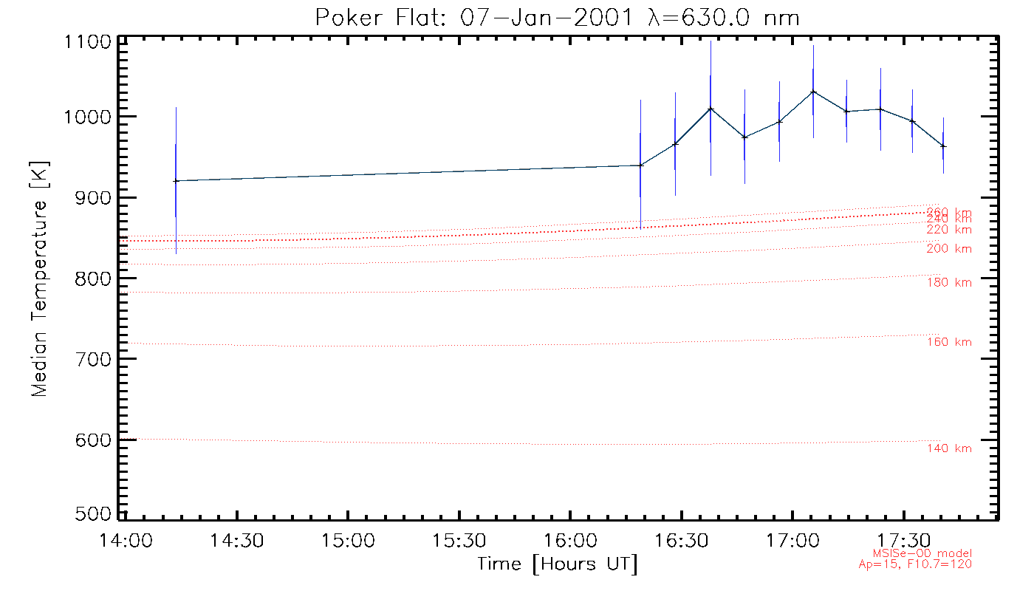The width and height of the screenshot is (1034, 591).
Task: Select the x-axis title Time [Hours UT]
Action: (558, 564)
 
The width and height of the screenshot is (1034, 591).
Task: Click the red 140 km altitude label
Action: (949, 448)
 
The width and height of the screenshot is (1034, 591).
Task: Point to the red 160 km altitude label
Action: (949, 342)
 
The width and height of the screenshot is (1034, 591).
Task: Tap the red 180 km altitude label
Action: (949, 282)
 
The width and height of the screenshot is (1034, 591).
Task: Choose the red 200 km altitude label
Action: (949, 249)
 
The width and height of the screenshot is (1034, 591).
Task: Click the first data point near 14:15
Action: (176, 181)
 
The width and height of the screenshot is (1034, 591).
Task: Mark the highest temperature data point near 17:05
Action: (813, 92)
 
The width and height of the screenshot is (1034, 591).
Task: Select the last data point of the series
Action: (943, 146)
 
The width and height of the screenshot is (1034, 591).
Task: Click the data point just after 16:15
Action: (640, 165)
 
